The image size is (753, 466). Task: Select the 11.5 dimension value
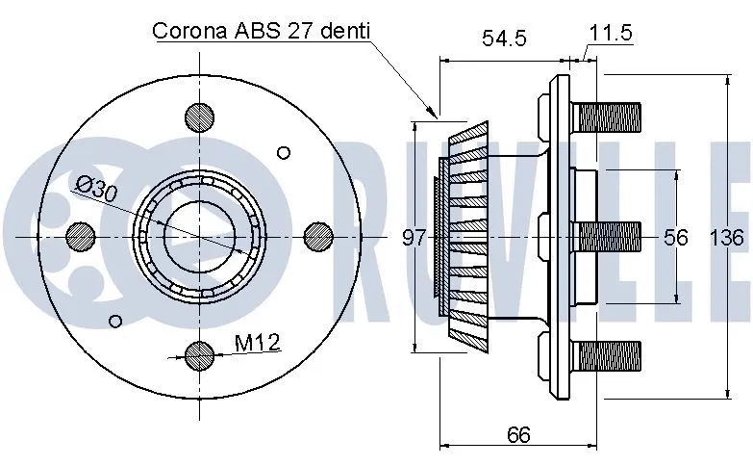[x=610, y=32]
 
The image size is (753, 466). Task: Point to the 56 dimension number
[x=676, y=236]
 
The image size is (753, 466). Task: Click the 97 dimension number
[x=414, y=237]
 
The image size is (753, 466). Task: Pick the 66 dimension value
[x=518, y=434]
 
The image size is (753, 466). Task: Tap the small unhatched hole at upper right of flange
[x=283, y=151]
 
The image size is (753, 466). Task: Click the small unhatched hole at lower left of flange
[x=116, y=320]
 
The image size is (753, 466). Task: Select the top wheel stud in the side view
[x=606, y=117]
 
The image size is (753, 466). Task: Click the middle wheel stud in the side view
[x=606, y=236]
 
